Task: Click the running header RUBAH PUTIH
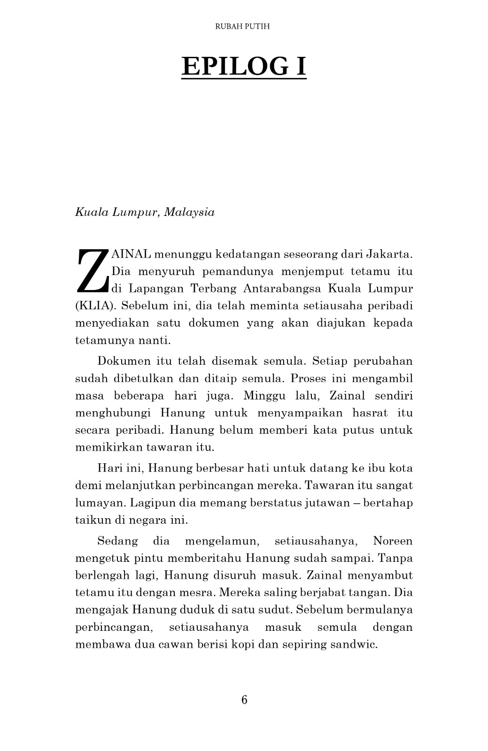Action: pyautogui.click(x=242, y=27)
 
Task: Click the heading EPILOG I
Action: pyautogui.click(x=244, y=66)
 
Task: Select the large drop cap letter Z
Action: pyautogui.click(x=92, y=271)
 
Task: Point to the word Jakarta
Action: pyautogui.click(x=388, y=254)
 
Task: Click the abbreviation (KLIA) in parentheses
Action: pyautogui.click(x=96, y=306)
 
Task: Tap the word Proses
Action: pyautogui.click(x=305, y=378)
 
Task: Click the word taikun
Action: pyautogui.click(x=90, y=520)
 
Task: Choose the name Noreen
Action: pyautogui.click(x=393, y=541)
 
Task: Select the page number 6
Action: pyautogui.click(x=244, y=700)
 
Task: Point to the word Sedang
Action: pyautogui.click(x=117, y=541)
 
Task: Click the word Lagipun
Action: pyautogui.click(x=149, y=503)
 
